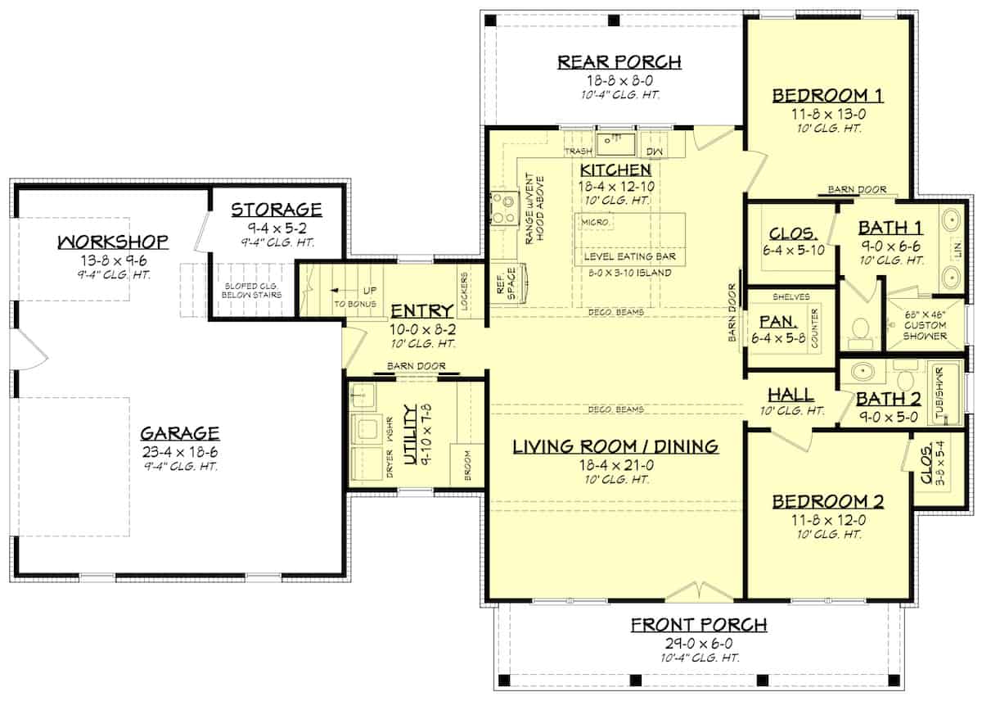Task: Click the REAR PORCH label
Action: click(x=619, y=61)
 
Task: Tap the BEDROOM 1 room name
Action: click(x=827, y=96)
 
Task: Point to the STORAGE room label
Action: click(x=276, y=210)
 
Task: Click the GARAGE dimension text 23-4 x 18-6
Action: click(x=179, y=450)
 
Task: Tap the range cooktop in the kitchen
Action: click(x=502, y=208)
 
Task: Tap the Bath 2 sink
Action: click(x=862, y=372)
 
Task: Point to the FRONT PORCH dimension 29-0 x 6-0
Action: click(x=698, y=644)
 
